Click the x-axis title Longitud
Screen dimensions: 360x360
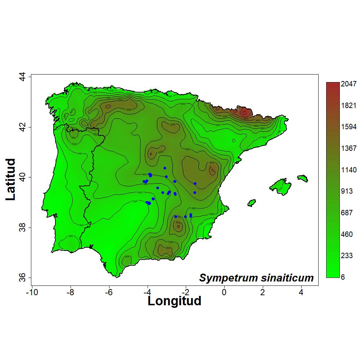(174, 301)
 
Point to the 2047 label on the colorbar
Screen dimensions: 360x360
(348, 84)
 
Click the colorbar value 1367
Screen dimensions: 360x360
(348, 148)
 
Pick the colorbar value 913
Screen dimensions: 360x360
(347, 192)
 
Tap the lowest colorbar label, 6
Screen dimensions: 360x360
(343, 278)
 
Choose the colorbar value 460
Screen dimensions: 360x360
(347, 235)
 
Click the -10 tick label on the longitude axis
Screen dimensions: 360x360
(32, 292)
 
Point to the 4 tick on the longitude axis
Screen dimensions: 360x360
(301, 292)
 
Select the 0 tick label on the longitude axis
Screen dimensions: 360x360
(224, 292)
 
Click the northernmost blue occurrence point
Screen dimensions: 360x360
(165, 168)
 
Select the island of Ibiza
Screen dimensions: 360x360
(252, 203)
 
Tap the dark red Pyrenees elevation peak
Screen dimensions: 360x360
(244, 112)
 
